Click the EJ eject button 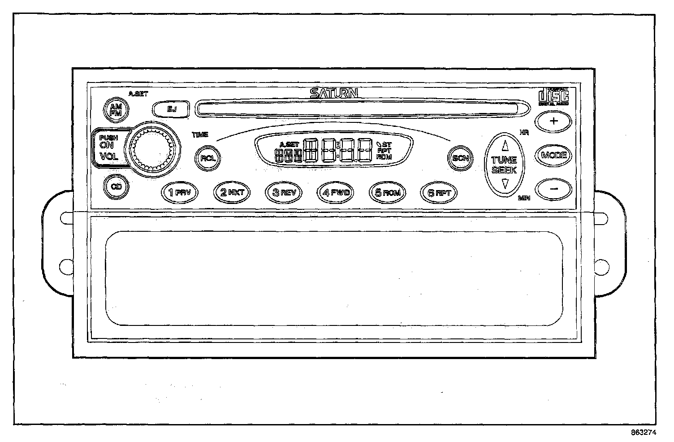tap(171, 108)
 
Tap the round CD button tap(116, 186)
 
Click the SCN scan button tap(460, 158)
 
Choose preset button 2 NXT tap(231, 193)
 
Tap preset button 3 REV tap(283, 193)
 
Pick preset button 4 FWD tap(335, 193)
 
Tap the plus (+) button tap(554, 121)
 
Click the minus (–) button tap(554, 189)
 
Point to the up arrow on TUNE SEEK tap(505, 145)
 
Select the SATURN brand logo tap(334, 93)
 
